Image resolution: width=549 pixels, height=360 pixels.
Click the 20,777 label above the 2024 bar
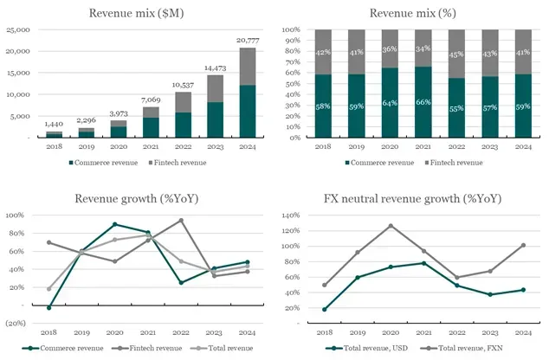[248, 41]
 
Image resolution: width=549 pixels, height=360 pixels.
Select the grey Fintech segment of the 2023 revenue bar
[216, 88]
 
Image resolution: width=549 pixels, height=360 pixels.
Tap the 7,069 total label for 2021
[151, 100]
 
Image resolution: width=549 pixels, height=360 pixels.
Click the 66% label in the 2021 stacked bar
[423, 102]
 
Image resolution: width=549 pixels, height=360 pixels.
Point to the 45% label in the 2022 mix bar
[456, 55]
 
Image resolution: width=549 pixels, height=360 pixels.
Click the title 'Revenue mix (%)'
[413, 13]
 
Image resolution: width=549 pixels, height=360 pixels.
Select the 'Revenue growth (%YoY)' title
[137, 199]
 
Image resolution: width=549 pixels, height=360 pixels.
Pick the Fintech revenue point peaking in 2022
[181, 221]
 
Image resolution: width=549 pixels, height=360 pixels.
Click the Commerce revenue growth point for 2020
[115, 224]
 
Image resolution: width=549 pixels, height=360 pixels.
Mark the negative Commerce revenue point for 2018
[49, 307]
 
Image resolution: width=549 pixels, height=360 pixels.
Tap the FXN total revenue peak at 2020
[391, 226]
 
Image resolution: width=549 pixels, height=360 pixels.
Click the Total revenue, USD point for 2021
[424, 263]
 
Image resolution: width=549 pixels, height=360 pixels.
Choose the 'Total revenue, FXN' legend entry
[462, 348]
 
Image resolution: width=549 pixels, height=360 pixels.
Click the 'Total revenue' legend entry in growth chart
[222, 348]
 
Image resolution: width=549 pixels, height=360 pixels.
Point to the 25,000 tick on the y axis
[18, 29]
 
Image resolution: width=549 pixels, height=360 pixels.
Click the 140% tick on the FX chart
[291, 215]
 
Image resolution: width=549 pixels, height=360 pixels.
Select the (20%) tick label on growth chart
[16, 323]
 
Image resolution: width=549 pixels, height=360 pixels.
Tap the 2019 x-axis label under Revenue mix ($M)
[87, 146]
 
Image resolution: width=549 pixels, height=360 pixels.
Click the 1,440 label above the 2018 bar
[54, 124]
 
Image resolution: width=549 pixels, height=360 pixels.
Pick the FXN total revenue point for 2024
[523, 245]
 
